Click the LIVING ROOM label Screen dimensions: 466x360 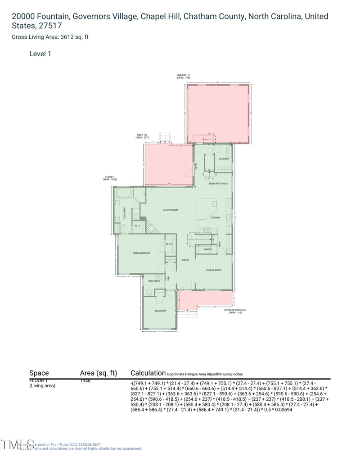(x=171, y=210)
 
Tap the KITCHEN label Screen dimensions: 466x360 (x=215, y=218)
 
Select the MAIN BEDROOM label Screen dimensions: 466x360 (x=141, y=253)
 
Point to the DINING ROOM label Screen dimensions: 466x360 (x=213, y=270)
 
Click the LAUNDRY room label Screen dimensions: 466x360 (x=224, y=159)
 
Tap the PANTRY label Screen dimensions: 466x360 (x=207, y=249)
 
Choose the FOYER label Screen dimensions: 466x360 (x=185, y=260)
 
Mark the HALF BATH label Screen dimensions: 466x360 (x=154, y=281)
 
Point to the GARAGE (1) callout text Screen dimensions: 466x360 (x=184, y=76)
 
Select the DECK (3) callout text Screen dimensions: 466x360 (x=142, y=136)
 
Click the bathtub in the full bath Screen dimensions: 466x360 (x=124, y=194)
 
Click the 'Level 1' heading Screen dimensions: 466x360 (x=40, y=54)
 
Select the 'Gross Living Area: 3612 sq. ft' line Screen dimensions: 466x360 (x=50, y=37)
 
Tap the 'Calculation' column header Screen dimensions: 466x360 (x=148, y=373)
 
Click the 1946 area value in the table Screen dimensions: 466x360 (x=85, y=381)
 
